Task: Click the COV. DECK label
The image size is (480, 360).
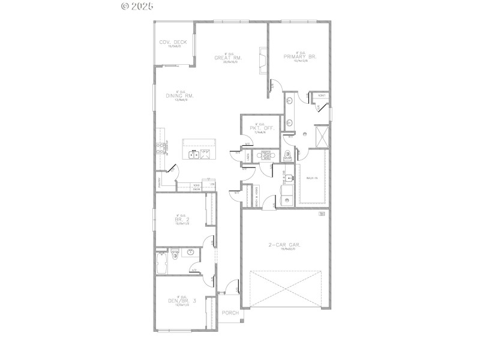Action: [173, 42]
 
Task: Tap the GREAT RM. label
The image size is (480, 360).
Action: [229, 58]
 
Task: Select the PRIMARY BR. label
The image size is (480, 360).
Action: [300, 56]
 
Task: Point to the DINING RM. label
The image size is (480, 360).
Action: [179, 95]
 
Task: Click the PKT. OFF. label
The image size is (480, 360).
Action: [260, 128]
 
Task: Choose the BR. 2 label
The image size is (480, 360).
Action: [178, 220]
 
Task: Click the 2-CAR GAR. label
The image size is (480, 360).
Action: [284, 245]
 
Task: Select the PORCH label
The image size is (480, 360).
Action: [230, 313]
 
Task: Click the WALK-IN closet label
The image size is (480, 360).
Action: [312, 178]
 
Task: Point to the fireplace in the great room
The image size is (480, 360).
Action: [262, 57]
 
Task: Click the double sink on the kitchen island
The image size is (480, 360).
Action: [194, 155]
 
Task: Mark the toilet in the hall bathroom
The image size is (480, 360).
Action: [175, 253]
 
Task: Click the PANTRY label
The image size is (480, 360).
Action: [159, 182]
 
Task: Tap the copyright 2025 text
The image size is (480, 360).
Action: [137, 6]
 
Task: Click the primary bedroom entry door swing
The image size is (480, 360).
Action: [273, 85]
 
